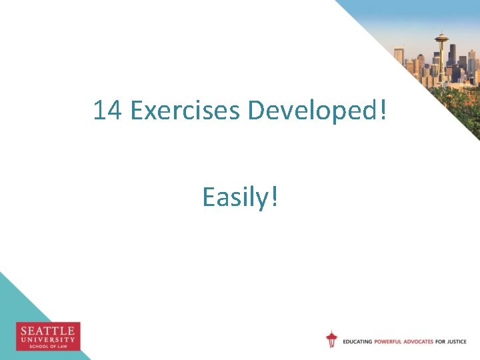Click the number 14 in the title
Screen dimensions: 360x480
107,110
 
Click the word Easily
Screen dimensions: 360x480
233,197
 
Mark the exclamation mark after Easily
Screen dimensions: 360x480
274,196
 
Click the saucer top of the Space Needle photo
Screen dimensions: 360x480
441,37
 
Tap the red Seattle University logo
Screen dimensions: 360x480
48,336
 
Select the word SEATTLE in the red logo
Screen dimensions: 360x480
48,331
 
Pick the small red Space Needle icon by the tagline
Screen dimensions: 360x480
331,339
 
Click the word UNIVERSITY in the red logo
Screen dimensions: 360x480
48,339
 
